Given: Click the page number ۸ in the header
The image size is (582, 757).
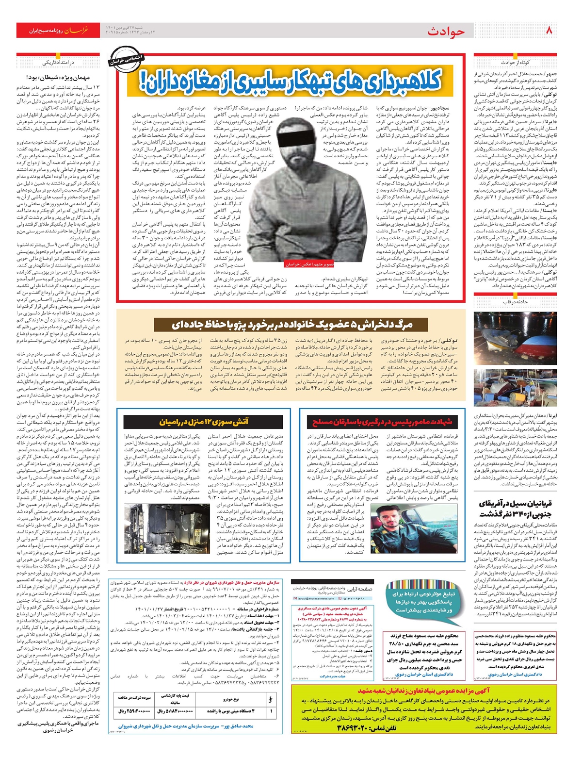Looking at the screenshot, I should [549, 30].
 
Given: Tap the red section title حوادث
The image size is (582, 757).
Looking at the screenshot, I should [446, 32].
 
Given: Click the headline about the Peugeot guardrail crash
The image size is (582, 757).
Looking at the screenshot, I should [291, 324].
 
